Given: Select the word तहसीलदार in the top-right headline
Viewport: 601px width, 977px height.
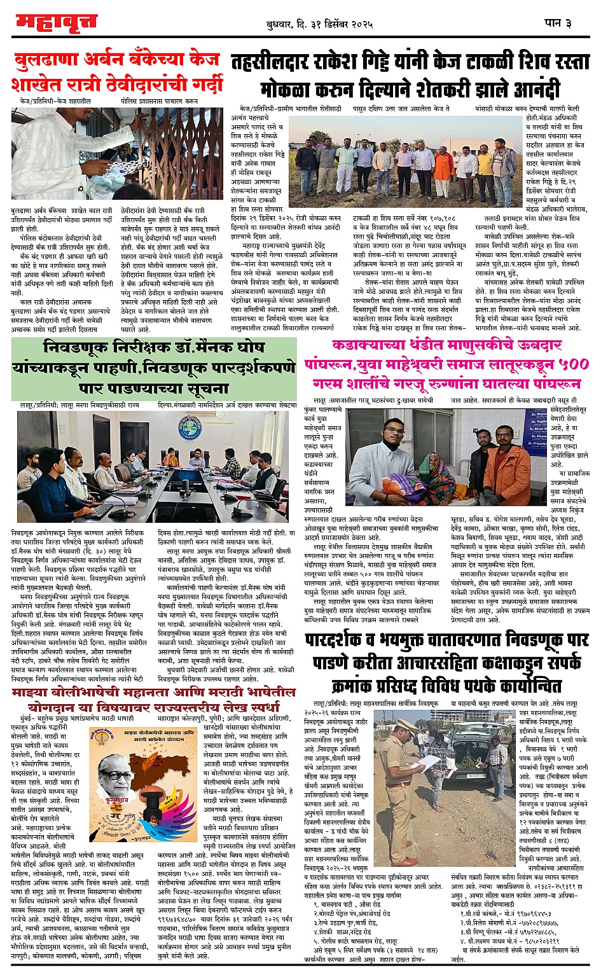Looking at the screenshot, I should [x=280, y=62].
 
